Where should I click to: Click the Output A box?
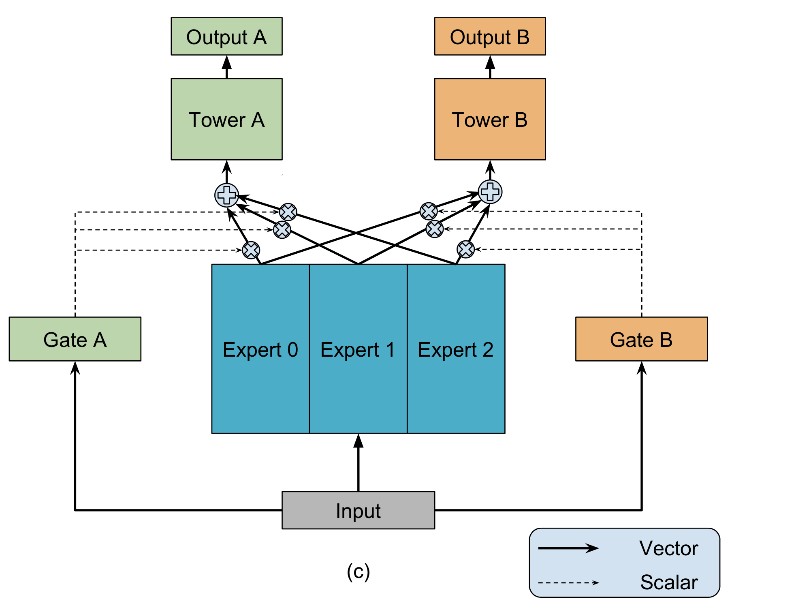click(x=226, y=36)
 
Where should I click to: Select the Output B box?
click(x=490, y=36)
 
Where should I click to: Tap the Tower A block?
click(x=226, y=119)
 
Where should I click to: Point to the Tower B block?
click(x=490, y=119)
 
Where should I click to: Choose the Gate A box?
click(x=75, y=339)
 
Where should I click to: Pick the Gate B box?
click(x=641, y=339)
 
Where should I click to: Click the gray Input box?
click(x=358, y=510)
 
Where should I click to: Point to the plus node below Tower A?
click(x=226, y=195)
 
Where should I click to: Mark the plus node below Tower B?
click(x=490, y=192)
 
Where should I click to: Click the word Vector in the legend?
click(x=669, y=548)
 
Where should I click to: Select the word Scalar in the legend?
click(x=669, y=582)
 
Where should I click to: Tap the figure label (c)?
click(x=358, y=572)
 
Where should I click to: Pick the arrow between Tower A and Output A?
click(x=226, y=67)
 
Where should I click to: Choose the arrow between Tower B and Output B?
click(x=490, y=67)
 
